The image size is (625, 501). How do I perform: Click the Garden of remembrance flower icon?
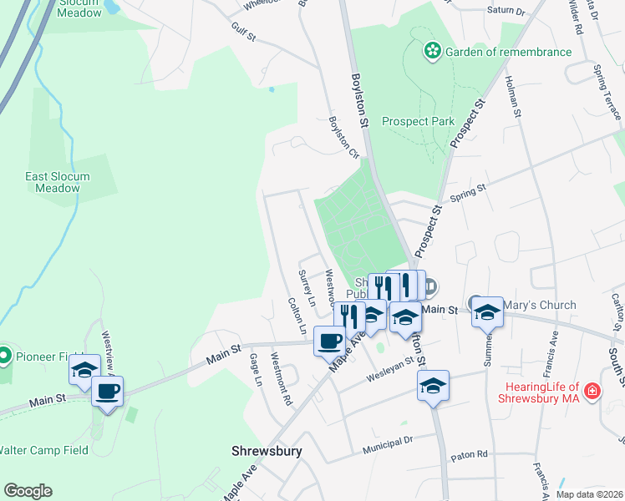tap(432, 52)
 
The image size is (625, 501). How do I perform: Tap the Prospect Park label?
tap(418, 121)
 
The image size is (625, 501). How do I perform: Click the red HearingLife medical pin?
tap(592, 390)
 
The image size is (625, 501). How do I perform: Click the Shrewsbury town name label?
tap(266, 451)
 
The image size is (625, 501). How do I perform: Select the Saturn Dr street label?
tap(506, 13)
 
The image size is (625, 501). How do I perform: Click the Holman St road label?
tap(513, 96)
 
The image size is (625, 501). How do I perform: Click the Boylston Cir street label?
tap(343, 138)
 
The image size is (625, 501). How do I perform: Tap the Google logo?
tap(28, 491)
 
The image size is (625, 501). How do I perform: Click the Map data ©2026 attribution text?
tap(588, 494)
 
